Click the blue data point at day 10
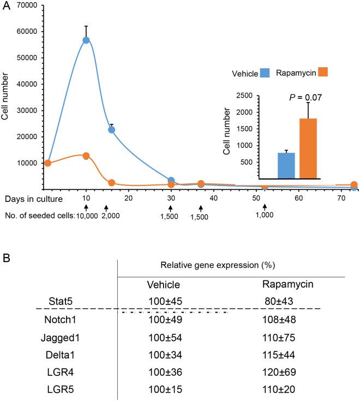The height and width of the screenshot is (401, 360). tap(86, 40)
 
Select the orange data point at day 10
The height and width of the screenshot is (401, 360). tap(86, 156)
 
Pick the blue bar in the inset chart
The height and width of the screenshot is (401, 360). tap(286, 165)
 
